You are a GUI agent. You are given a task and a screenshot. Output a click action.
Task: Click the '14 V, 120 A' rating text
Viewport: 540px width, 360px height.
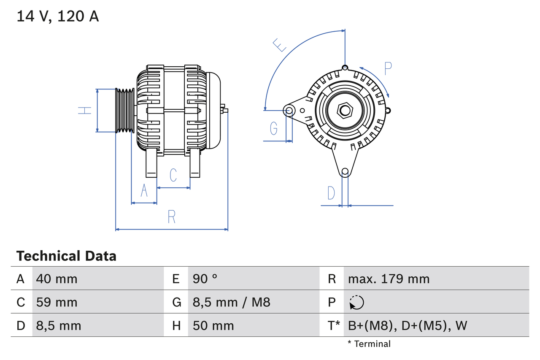58,16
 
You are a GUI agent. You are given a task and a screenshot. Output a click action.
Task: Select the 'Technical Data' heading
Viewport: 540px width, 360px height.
66,256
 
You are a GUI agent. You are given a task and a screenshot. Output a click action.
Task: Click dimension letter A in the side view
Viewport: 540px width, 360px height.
144,191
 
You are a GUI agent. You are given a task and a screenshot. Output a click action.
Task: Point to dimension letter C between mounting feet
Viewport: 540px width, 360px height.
173,175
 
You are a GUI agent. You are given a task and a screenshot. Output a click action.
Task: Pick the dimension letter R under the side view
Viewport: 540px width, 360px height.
171,217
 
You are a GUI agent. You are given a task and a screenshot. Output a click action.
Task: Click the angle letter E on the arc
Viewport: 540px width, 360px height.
279,45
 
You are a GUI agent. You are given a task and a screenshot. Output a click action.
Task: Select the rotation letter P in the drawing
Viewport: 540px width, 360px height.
388,68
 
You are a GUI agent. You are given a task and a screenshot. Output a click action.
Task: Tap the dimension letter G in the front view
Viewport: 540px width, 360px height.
274,128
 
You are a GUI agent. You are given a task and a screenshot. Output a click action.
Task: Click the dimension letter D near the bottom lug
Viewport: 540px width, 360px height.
331,193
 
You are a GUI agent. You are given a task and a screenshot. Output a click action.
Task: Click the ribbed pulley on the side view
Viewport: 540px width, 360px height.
125,111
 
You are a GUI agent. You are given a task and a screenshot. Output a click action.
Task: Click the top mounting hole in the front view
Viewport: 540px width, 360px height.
345,68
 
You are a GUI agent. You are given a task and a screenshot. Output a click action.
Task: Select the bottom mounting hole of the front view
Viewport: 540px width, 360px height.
345,171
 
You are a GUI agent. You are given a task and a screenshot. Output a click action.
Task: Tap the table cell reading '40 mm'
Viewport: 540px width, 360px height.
57,279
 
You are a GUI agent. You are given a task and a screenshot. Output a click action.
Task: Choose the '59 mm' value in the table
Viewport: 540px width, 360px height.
57,302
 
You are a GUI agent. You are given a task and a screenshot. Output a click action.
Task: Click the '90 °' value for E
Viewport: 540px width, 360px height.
205,279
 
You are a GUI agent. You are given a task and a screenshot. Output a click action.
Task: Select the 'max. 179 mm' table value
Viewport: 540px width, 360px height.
389,279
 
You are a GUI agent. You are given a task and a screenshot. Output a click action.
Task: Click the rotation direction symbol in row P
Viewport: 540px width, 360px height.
356,302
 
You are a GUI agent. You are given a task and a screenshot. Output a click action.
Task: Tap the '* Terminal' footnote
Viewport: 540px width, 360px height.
369,344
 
